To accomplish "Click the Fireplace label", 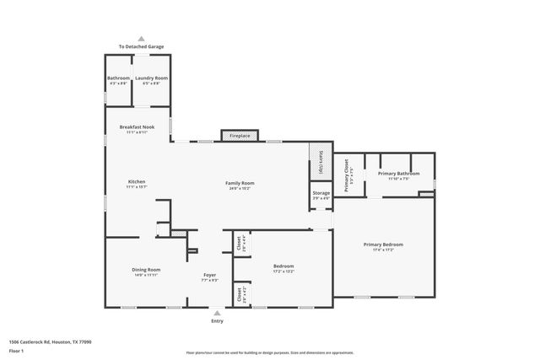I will point(240,135).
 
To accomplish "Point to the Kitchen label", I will point(136,182).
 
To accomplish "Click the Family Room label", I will point(240,183).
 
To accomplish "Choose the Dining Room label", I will point(146,270).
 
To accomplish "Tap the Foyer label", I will point(210,275).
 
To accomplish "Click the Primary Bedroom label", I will point(383,245).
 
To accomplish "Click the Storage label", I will point(321,193).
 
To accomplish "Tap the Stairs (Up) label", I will point(321,164).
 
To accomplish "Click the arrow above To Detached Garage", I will point(141,39).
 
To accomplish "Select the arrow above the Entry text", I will point(218,312).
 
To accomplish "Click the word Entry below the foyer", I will point(218,320).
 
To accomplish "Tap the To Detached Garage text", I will point(141,46).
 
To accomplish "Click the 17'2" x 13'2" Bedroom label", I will point(283,268).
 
